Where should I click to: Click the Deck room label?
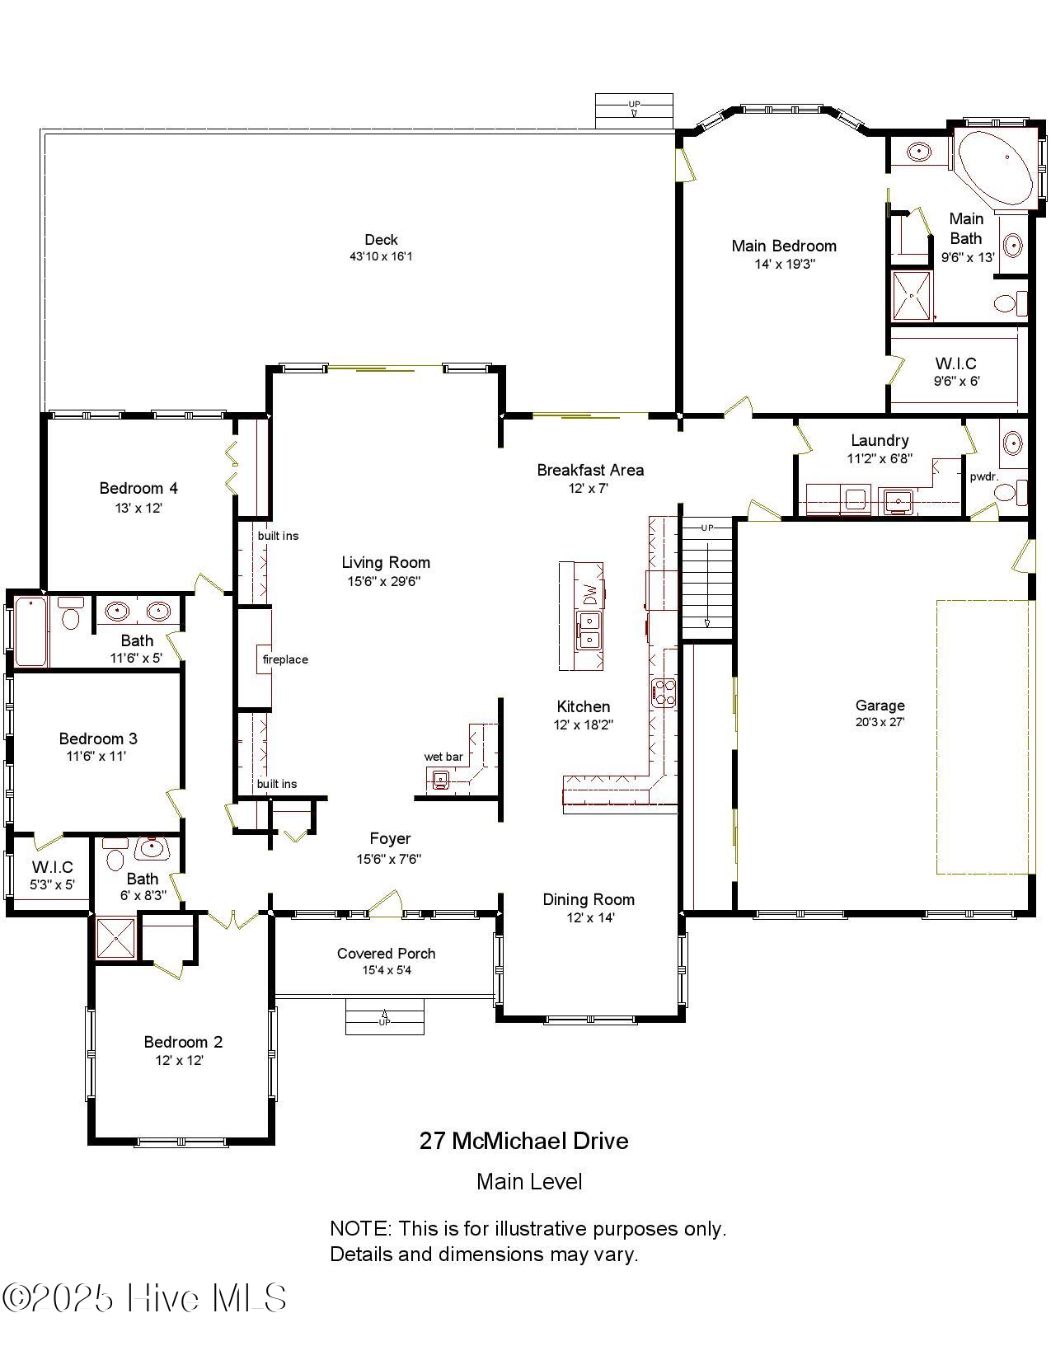381,240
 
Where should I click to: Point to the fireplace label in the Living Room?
285,659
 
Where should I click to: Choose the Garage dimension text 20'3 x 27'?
880,722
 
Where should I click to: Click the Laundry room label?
880,440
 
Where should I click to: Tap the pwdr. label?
984,476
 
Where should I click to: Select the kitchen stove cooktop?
664,693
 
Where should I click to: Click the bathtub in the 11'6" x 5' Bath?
30,631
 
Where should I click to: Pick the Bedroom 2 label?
183,1042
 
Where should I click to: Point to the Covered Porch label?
386,954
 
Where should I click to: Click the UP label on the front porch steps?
384,1022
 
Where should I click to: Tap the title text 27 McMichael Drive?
523,1141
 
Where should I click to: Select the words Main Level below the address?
529,1182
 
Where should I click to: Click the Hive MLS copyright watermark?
144,1298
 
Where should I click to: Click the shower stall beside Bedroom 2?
115,937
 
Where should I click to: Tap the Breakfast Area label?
590,470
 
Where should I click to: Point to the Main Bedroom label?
784,246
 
